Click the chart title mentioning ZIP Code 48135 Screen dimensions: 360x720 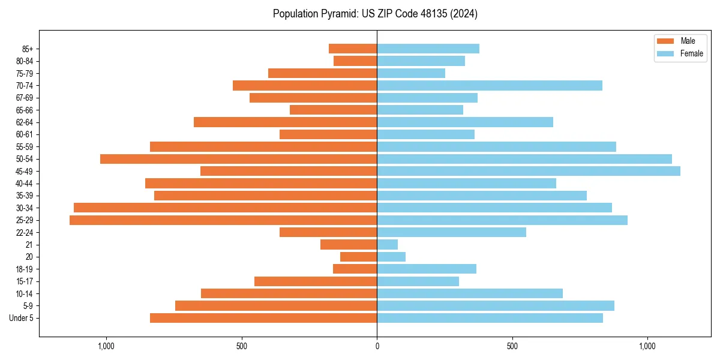(x=375, y=14)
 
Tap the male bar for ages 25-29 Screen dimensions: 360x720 (x=223, y=220)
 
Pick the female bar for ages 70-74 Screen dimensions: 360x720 (x=489, y=85)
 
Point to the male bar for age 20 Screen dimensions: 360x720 (x=358, y=257)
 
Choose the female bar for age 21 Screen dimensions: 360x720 (x=387, y=245)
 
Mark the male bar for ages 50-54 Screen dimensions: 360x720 (x=238, y=159)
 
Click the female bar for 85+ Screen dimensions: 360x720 (x=428, y=49)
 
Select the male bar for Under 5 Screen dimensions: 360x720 (x=263, y=318)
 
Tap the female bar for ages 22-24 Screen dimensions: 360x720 (x=451, y=232)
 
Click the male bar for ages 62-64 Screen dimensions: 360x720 (x=285, y=122)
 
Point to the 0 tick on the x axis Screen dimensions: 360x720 (x=377, y=346)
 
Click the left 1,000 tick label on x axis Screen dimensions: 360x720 (x=106, y=346)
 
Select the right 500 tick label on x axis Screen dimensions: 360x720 (x=512, y=346)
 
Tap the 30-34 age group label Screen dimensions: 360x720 (x=24, y=208)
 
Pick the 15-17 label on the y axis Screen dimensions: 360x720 (x=24, y=281)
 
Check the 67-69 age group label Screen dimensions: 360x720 (x=24, y=98)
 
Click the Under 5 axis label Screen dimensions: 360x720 (x=22, y=318)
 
